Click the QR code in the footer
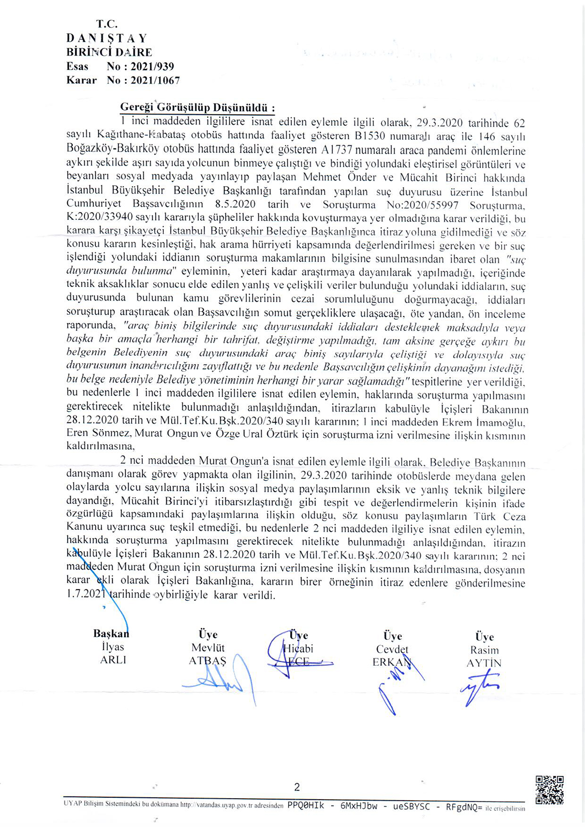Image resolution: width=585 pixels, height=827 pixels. [549, 789]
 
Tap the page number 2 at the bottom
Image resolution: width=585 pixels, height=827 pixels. [297, 787]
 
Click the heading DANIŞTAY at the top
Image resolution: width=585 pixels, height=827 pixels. [107, 38]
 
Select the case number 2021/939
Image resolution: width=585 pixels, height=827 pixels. [152, 66]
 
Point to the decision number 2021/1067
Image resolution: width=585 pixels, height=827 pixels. [155, 80]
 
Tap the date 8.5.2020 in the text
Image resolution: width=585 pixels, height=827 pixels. [235, 205]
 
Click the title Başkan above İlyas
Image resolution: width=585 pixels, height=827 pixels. [111, 634]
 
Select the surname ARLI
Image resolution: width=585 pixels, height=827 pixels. [113, 660]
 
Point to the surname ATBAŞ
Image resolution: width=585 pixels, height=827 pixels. [208, 661]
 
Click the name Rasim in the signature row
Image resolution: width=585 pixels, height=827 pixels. [484, 650]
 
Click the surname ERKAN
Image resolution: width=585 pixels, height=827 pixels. [391, 662]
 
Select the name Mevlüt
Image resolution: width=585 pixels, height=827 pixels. [208, 648]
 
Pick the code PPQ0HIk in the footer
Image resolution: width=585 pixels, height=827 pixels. [306, 806]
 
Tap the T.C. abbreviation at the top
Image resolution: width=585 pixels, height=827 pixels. [107, 24]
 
